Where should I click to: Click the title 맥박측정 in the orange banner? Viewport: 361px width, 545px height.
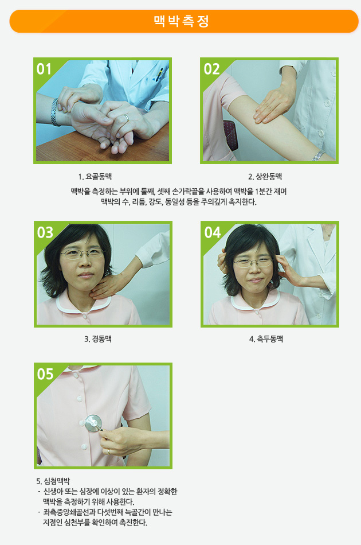coord(181,21)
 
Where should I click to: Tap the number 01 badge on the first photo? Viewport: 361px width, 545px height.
coord(44,69)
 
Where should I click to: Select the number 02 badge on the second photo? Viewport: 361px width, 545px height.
coord(211,69)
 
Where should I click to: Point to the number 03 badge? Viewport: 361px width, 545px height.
coord(45,232)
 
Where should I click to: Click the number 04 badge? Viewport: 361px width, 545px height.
coord(213,232)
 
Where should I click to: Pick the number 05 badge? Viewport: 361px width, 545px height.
coord(45,374)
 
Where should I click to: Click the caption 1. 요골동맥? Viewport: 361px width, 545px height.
coord(95,177)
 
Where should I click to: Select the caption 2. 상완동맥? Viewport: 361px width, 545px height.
coord(265,177)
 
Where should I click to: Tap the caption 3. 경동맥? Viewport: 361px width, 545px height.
coord(98,339)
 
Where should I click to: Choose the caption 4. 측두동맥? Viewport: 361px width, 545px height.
coord(266,339)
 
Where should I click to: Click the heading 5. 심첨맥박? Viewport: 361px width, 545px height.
coord(53,481)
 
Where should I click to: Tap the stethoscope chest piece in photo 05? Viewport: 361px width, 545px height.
coord(93,423)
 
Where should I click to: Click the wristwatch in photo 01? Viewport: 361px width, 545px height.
coord(54,111)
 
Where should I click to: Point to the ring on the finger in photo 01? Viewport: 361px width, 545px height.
coord(127,118)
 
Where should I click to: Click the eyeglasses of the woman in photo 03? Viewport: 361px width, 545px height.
coord(83,254)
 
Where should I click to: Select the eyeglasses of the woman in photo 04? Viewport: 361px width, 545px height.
coord(253,262)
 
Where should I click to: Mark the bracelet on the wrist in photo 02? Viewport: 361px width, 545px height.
coord(318,155)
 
